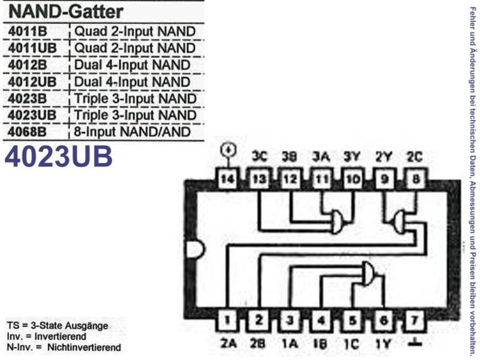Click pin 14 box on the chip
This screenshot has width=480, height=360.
(x=227, y=178)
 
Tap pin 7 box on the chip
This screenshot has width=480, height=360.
(x=415, y=320)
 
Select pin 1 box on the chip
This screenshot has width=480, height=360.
(x=227, y=320)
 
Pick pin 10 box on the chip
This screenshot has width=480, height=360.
(x=353, y=178)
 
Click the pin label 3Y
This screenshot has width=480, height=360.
(x=352, y=157)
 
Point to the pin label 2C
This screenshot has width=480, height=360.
(x=415, y=157)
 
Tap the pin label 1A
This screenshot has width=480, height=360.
(x=290, y=344)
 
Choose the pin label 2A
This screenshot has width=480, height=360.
(x=229, y=344)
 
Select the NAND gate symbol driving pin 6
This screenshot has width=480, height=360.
(x=368, y=274)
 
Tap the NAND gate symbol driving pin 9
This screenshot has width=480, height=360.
(x=400, y=221)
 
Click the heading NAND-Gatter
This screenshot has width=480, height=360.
(x=66, y=11)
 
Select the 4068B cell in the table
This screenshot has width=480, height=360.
(x=27, y=132)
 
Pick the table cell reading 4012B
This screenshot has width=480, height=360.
(x=27, y=65)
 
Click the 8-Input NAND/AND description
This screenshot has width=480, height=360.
(x=133, y=132)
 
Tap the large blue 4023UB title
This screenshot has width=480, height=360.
(x=58, y=157)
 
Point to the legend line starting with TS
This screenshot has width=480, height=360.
(x=58, y=326)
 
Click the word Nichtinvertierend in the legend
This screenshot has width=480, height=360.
(x=84, y=347)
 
